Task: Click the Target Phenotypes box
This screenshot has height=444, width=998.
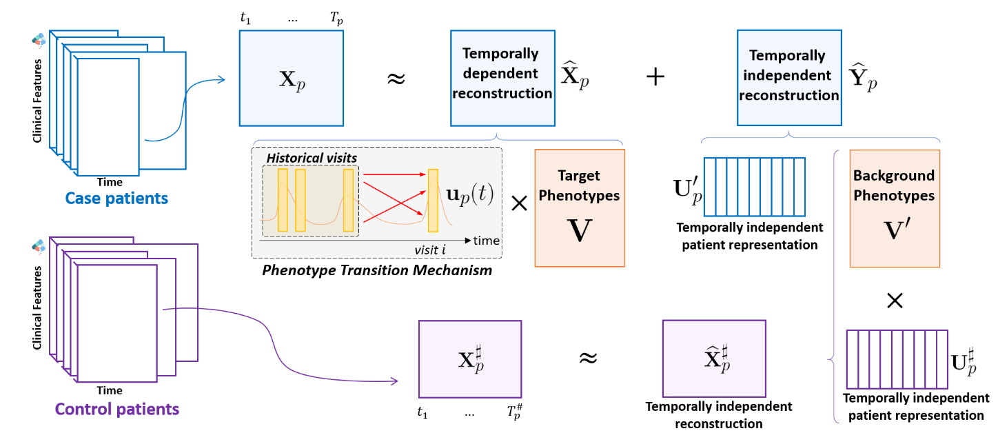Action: point(580,208)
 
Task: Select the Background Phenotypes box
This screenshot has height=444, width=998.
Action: point(894,208)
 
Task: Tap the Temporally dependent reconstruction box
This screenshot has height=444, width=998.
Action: point(502,78)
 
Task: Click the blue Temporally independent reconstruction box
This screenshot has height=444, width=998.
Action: point(788,78)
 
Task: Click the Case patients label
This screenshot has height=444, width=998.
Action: point(116,199)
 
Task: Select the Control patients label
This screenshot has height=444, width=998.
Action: point(116,409)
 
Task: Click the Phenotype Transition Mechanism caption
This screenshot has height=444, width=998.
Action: point(377,270)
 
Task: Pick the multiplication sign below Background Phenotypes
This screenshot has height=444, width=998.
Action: point(894,300)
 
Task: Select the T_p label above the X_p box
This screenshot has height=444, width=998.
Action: point(336,20)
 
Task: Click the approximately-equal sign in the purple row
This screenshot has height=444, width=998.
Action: point(587,358)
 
